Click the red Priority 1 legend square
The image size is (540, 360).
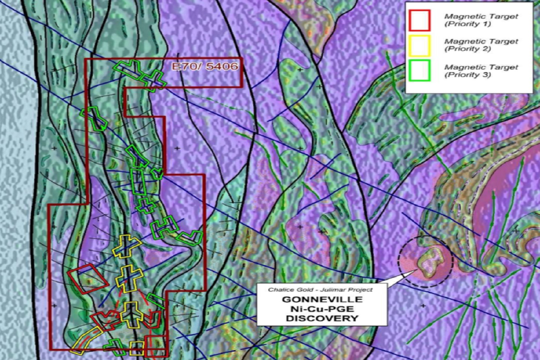419,20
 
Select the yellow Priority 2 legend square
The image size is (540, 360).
419,45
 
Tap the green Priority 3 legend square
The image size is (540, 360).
419,70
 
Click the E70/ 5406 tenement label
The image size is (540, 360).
205,67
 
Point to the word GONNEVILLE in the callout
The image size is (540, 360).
322,300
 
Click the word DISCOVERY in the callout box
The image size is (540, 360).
322,318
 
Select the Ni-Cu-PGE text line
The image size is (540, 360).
322,309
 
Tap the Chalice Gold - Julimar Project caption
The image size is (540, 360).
320,289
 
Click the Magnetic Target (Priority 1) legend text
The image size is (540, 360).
481,20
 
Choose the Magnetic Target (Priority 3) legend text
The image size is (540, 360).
481,71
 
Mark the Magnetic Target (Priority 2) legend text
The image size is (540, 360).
481,45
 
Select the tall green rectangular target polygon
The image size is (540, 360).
138,182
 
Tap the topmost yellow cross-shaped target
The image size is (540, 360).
126,246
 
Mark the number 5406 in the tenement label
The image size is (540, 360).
222,67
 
